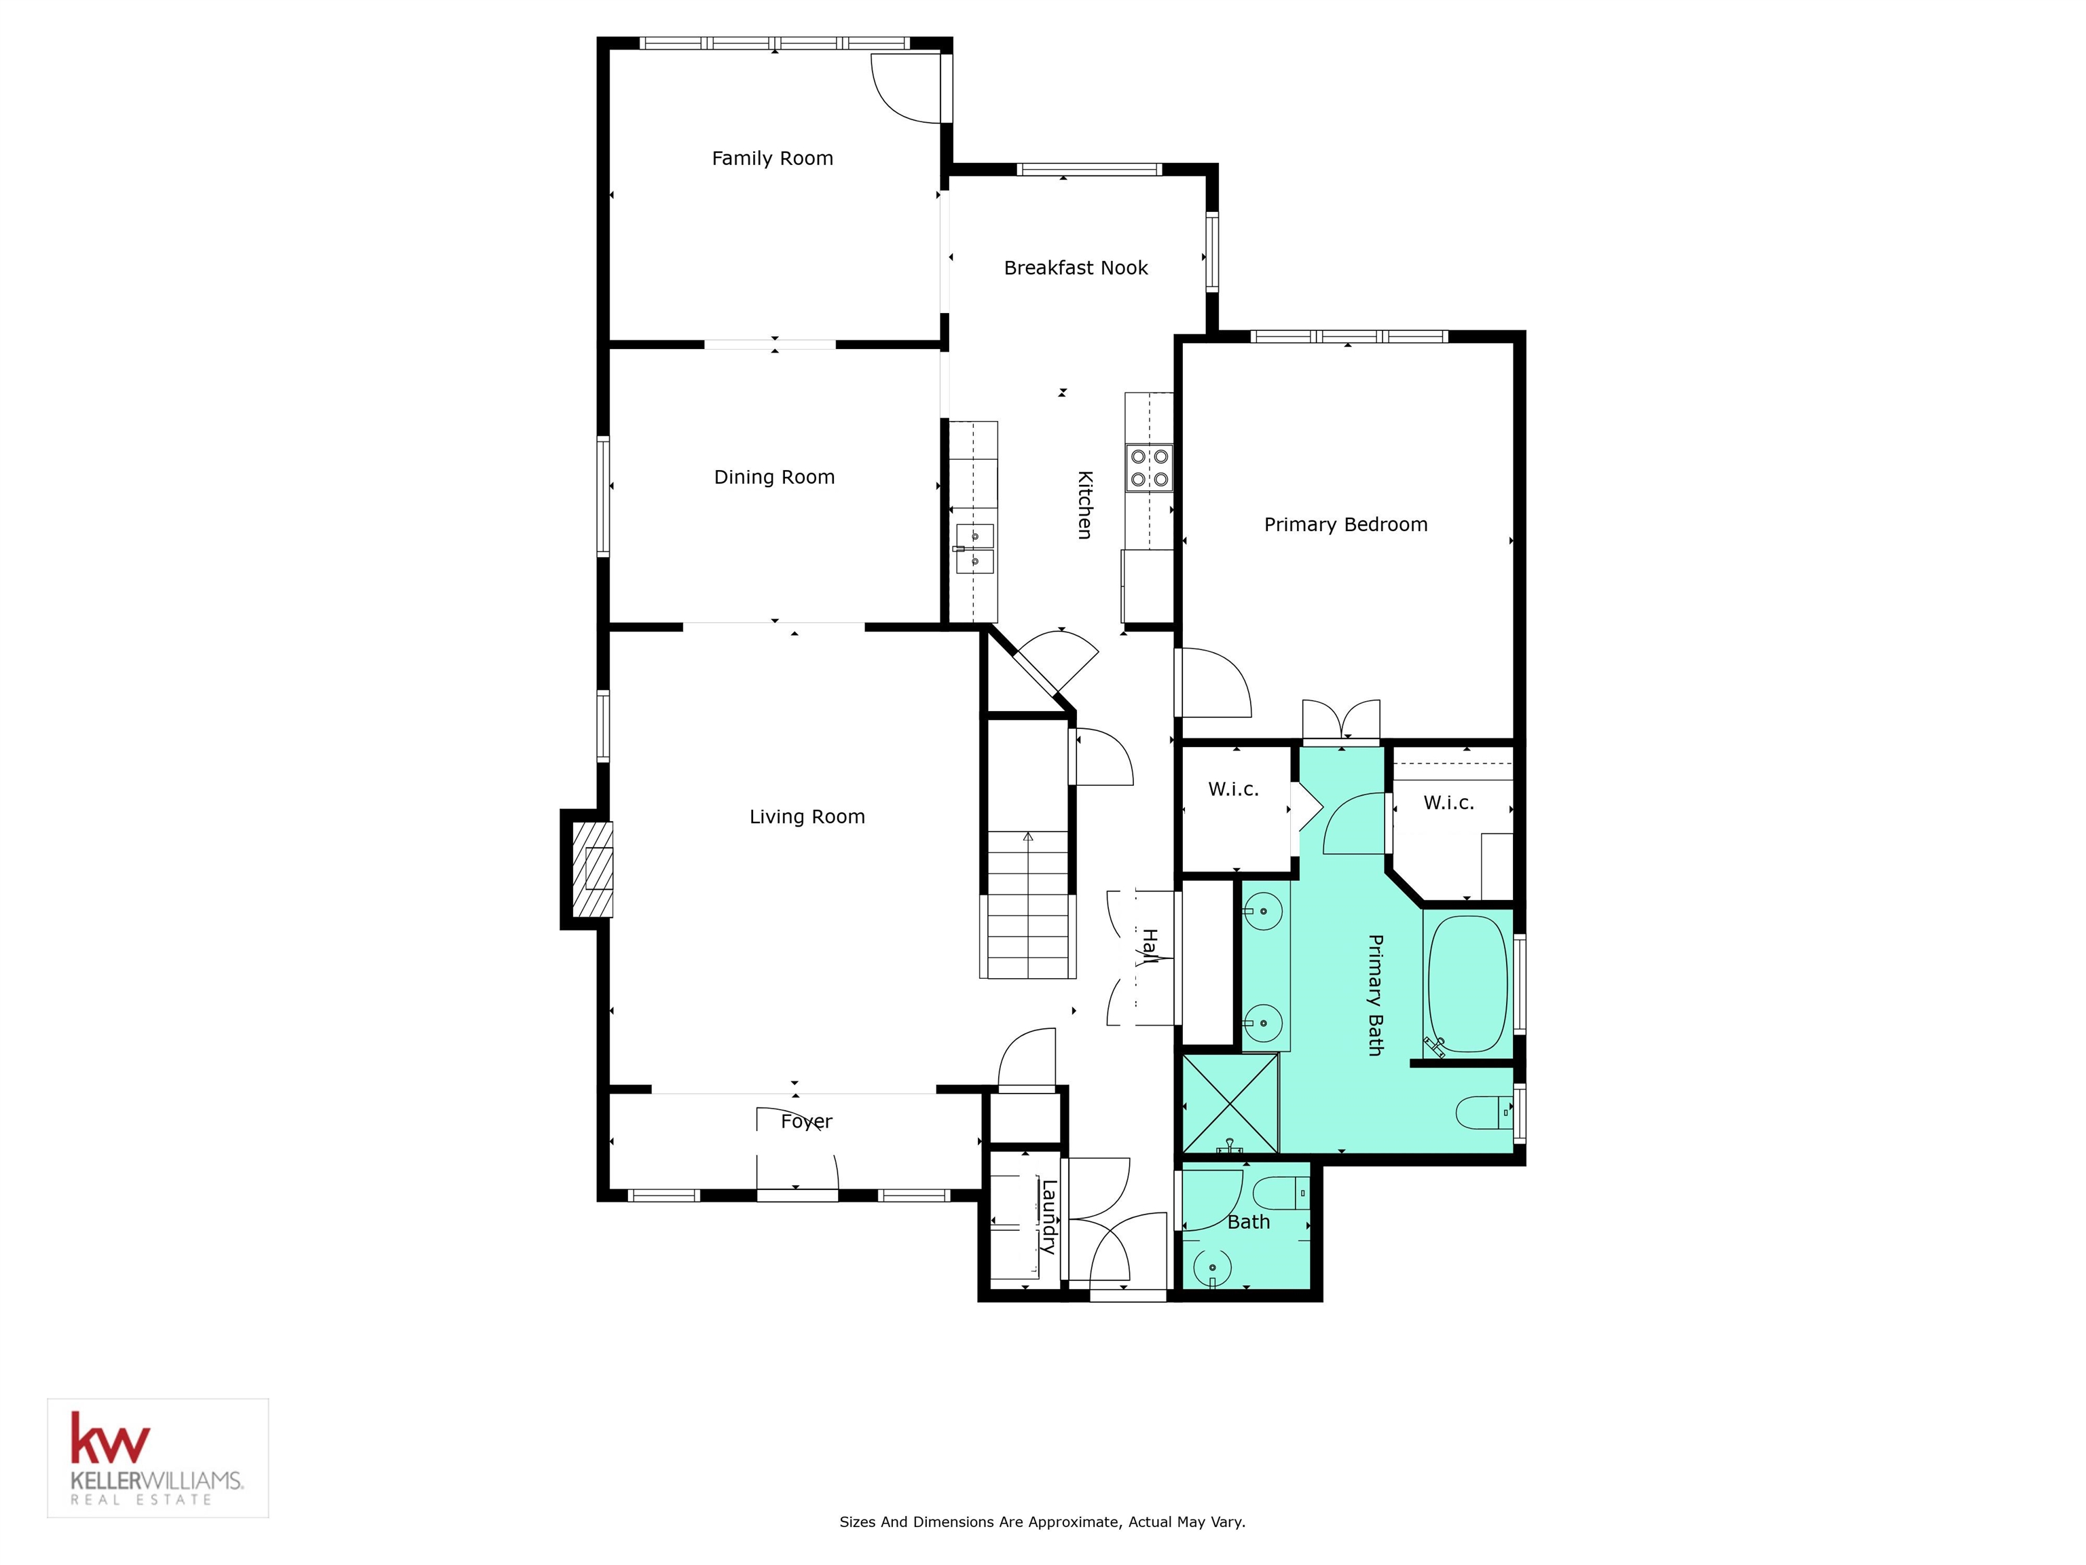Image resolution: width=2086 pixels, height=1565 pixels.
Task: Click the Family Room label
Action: (x=772, y=158)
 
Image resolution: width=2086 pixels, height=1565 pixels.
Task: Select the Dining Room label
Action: (x=773, y=478)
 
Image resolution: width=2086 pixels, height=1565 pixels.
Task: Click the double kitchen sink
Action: (x=974, y=549)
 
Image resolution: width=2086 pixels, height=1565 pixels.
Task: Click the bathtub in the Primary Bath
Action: (x=1467, y=984)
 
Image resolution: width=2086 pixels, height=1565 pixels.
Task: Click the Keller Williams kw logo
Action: (x=109, y=1439)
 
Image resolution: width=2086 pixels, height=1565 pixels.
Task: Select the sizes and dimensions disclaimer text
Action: (x=1042, y=1522)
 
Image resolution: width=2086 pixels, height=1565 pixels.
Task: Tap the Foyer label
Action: (x=806, y=1121)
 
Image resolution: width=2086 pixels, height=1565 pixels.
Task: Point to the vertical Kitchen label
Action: (x=1084, y=505)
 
